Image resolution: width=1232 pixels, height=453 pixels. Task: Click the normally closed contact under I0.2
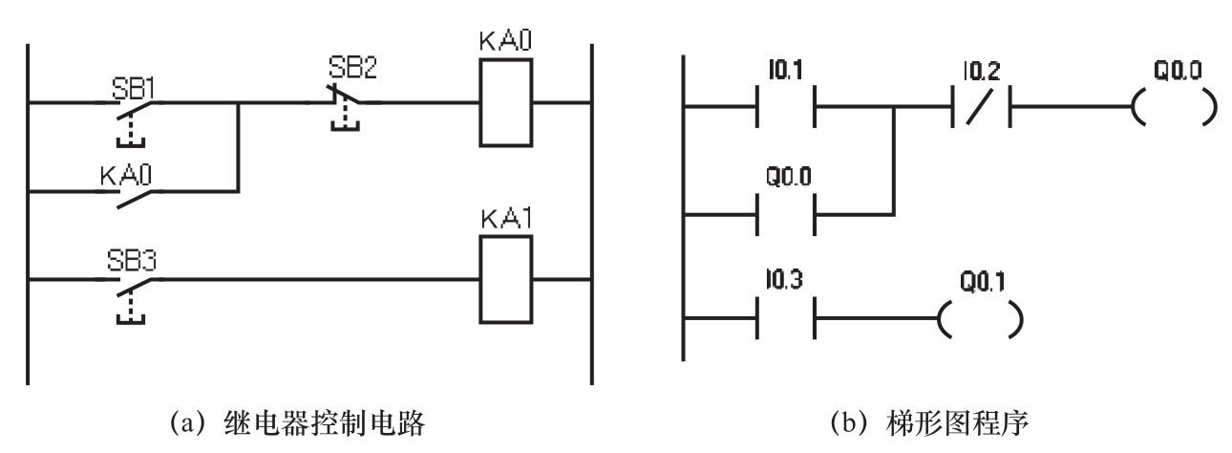pyautogui.click(x=979, y=106)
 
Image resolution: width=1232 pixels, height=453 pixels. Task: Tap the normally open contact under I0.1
pyautogui.click(x=785, y=106)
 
